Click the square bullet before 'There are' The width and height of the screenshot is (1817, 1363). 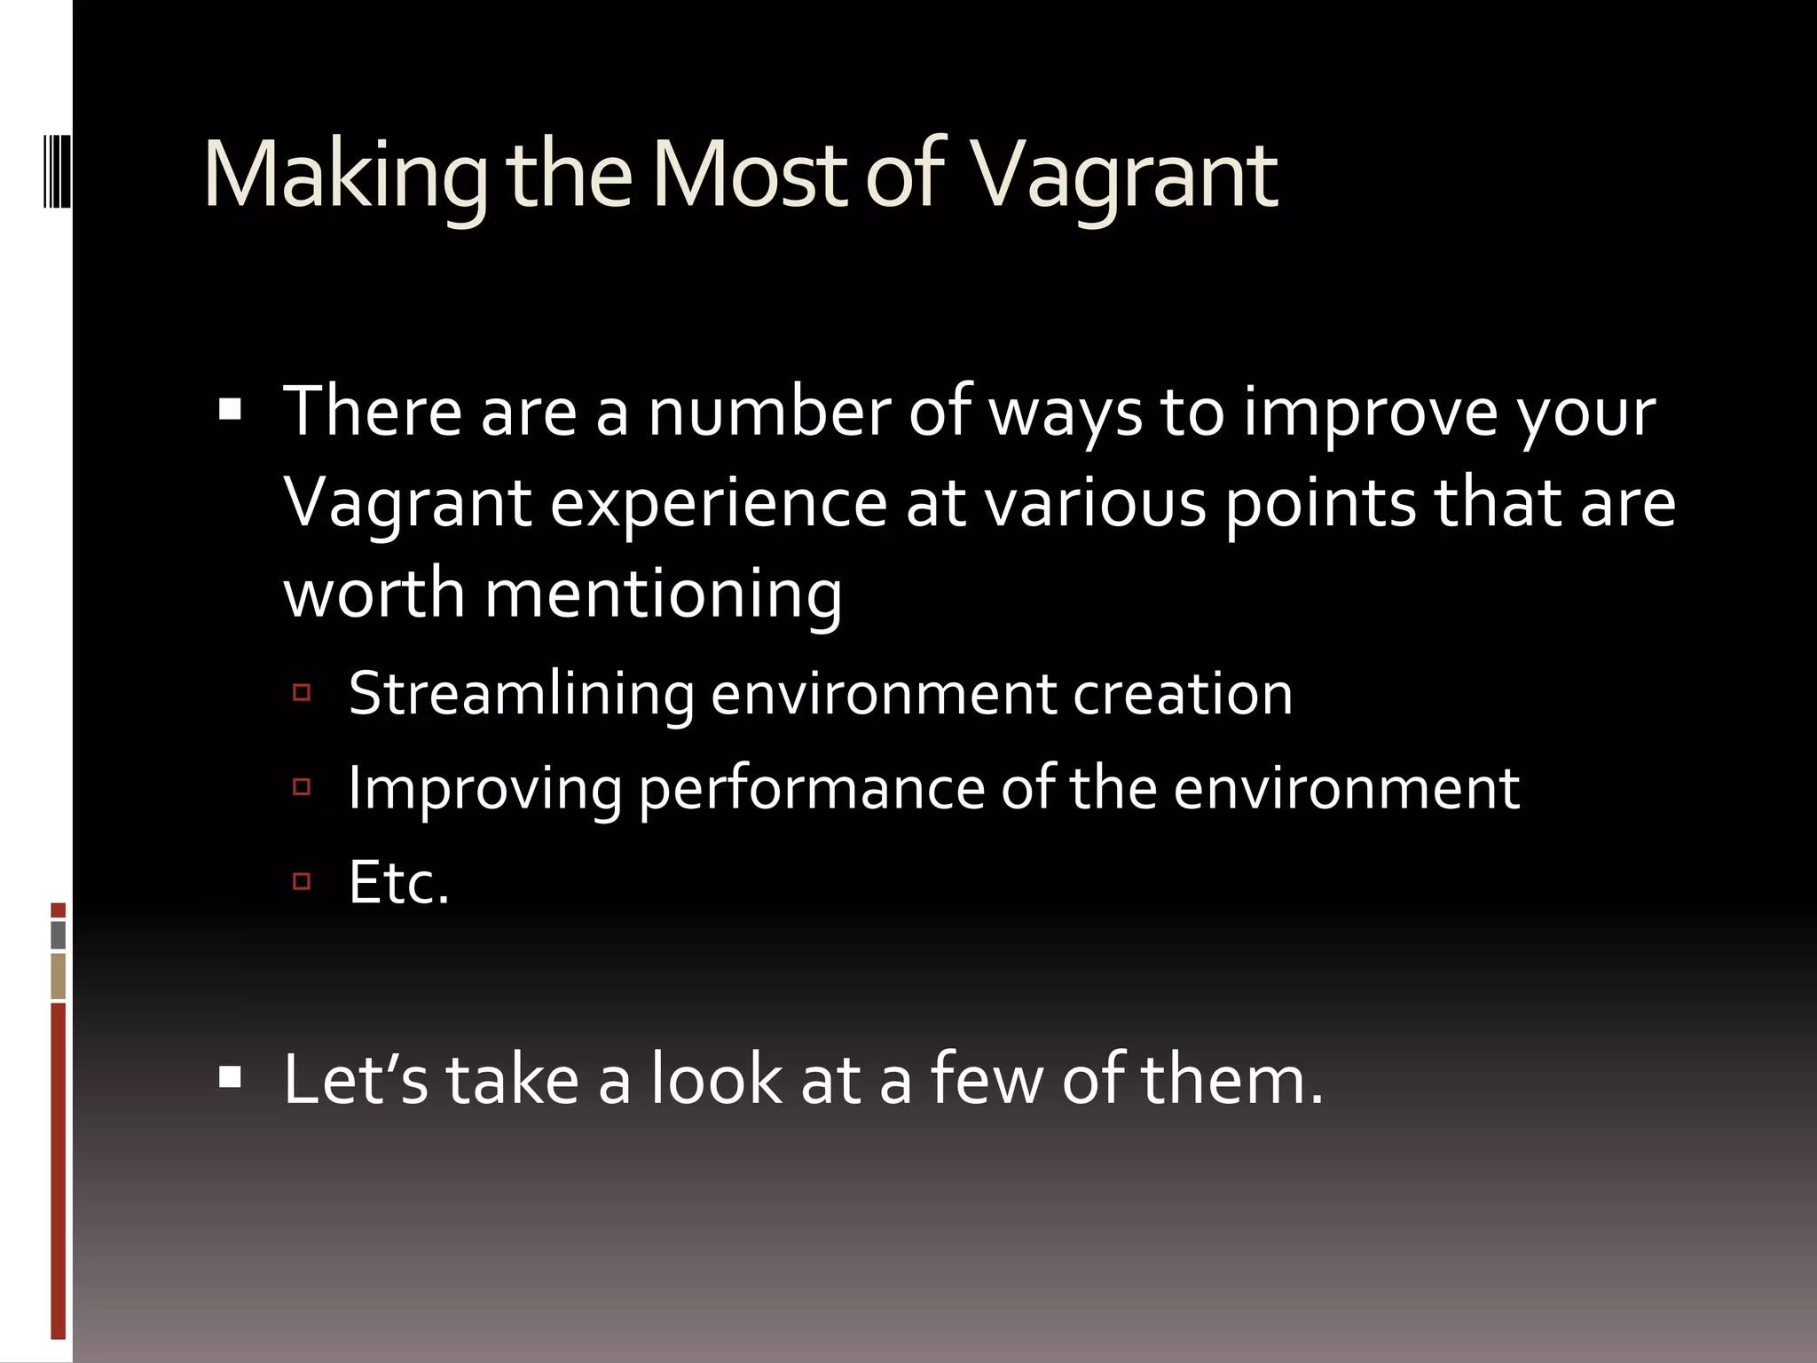point(230,409)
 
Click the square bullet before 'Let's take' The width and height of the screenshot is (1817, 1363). point(230,1077)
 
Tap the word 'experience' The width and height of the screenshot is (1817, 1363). point(719,504)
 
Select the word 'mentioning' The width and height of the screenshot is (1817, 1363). point(664,595)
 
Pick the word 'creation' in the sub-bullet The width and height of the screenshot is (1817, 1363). point(1183,694)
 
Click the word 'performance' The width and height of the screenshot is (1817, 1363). point(812,789)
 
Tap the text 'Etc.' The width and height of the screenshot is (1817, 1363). point(399,883)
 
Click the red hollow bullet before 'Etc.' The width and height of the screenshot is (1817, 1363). point(302,881)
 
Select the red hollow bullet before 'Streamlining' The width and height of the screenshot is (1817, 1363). point(302,692)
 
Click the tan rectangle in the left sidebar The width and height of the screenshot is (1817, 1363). point(59,976)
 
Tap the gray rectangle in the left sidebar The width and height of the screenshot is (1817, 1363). point(59,934)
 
